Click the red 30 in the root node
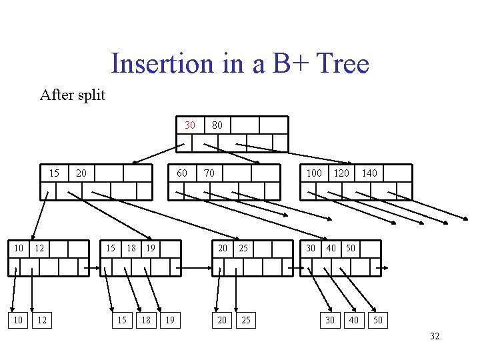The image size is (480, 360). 190,125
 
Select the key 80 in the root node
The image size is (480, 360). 217,125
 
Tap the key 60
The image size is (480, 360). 181,173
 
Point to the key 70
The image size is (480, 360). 209,173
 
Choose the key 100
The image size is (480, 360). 313,173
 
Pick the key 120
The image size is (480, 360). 341,173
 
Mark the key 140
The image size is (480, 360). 369,173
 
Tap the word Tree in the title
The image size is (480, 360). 343,64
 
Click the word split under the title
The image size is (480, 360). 91,95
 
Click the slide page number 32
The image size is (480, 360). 434,336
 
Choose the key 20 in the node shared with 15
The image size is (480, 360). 81,173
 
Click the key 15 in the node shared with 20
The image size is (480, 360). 54,173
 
